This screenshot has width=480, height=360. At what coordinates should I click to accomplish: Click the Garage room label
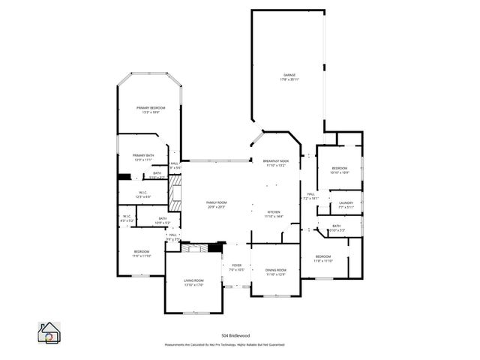point(289,75)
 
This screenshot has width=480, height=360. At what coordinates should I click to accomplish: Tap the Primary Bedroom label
point(151,108)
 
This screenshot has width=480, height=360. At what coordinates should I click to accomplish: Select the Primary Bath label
point(143,155)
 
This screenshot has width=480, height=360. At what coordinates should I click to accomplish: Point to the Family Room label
point(217,202)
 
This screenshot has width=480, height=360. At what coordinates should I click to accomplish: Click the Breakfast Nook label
point(275,160)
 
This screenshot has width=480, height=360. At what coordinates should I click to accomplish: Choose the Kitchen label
point(274,212)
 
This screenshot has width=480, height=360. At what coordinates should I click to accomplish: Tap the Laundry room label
point(346,203)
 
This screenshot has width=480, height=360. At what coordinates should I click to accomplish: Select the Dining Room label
point(275,270)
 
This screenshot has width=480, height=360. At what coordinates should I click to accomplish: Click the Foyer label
point(236,265)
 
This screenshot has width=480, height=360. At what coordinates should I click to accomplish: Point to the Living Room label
point(193,281)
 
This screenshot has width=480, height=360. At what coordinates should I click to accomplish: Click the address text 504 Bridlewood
point(235,335)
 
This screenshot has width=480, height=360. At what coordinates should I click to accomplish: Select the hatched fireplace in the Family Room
point(175,192)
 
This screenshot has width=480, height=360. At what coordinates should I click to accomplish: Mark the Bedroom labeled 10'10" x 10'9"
point(340,168)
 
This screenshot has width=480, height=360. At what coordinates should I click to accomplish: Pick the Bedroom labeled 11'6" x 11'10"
point(142,251)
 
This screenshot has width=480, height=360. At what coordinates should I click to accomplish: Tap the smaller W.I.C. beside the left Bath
point(127,217)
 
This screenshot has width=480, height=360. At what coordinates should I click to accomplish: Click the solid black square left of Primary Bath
point(124,177)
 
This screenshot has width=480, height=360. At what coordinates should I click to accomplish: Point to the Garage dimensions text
point(289,79)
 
